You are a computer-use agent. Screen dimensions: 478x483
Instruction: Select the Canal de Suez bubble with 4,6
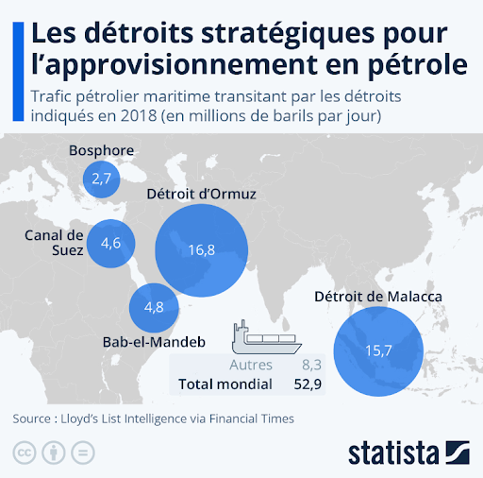pyautogui.click(x=110, y=244)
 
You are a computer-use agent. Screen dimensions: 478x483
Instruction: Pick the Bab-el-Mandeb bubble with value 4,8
pyautogui.click(x=153, y=307)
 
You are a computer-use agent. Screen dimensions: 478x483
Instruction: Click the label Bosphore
pyautogui.click(x=102, y=150)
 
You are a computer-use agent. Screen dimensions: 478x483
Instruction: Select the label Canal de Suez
pyautogui.click(x=55, y=243)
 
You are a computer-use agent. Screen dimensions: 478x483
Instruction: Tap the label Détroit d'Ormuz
pyautogui.click(x=201, y=196)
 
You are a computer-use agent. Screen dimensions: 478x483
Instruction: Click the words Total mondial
pyautogui.click(x=225, y=384)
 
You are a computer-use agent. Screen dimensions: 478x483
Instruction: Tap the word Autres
pyautogui.click(x=251, y=365)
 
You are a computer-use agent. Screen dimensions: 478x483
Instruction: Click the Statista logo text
pyautogui.click(x=393, y=450)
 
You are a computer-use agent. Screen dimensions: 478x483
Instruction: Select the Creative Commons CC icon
pyautogui.click(x=24, y=450)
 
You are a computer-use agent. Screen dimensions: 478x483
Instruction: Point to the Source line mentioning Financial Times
pyautogui.click(x=154, y=418)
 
